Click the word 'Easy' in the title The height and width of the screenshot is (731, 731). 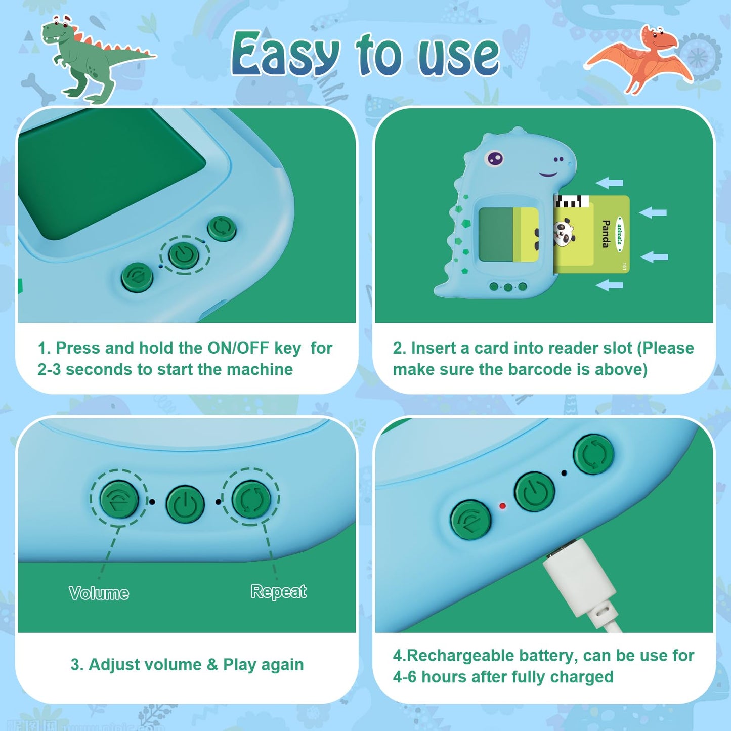pyautogui.click(x=285, y=54)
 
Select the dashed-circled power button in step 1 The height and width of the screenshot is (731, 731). pyautogui.click(x=184, y=254)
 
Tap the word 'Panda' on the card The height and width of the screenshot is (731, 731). pyautogui.click(x=606, y=234)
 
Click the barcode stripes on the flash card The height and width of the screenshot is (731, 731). pyautogui.click(x=572, y=201)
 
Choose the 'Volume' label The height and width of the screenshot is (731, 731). pyautogui.click(x=99, y=593)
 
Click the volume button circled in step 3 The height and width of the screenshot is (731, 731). pyautogui.click(x=119, y=499)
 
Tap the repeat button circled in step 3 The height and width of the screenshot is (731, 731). pyautogui.click(x=251, y=499)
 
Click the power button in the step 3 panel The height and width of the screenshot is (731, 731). pyautogui.click(x=185, y=504)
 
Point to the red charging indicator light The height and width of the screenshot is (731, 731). pyautogui.click(x=503, y=506)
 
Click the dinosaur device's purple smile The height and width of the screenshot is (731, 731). pyautogui.click(x=548, y=174)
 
